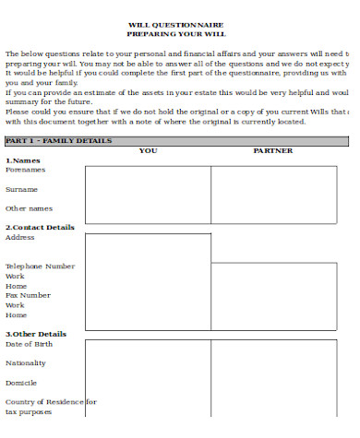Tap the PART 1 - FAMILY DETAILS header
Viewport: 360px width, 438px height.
click(59, 140)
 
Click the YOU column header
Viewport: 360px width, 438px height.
click(148, 150)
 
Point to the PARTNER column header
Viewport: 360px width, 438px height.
click(273, 150)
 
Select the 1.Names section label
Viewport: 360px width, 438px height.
click(24, 160)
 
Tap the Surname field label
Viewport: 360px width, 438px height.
click(22, 189)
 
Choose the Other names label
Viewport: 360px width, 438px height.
click(30, 208)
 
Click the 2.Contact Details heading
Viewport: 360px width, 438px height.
click(40, 227)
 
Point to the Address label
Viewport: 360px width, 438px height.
click(20, 237)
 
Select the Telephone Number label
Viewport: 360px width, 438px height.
click(41, 266)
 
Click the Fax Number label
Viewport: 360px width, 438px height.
click(29, 295)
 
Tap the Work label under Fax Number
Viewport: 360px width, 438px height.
click(16, 304)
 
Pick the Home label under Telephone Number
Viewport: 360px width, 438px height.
click(16, 285)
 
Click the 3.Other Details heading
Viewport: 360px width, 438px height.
click(36, 334)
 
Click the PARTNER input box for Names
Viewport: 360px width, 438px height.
click(280, 195)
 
